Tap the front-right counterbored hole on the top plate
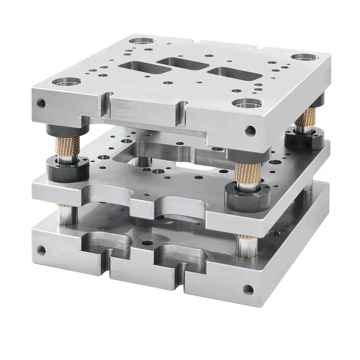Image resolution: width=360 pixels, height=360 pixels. coord(246,104)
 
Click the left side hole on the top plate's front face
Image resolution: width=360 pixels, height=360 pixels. coord(41,104)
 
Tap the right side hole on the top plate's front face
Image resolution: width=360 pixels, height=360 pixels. coord(249,130)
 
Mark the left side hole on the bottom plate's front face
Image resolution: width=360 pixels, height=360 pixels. coord(41,249)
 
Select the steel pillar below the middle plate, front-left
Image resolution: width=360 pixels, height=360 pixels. coord(67,215)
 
